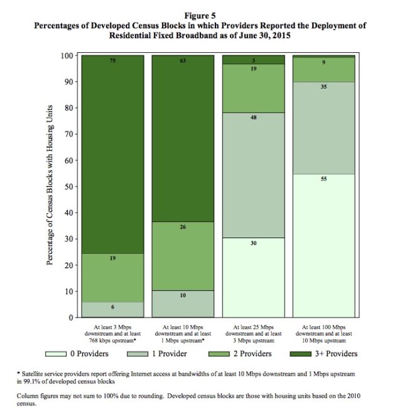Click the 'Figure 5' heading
[200, 16]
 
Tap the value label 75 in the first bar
[112, 61]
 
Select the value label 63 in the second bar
[183, 61]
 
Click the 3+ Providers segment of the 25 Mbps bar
[254, 60]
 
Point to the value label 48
[254, 118]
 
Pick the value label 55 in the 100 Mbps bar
[323, 179]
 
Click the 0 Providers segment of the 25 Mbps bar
[254, 277]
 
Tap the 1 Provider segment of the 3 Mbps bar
[112, 310]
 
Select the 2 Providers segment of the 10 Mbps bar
[183, 256]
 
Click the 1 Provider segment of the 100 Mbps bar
[323, 128]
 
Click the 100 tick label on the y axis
[67, 56]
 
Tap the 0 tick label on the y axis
[71, 317]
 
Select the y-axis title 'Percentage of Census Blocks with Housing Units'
[50, 185]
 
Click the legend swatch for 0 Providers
[56, 354]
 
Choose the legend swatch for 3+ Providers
[300, 354]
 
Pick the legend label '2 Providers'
[253, 354]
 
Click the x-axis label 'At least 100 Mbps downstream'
[323, 331]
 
